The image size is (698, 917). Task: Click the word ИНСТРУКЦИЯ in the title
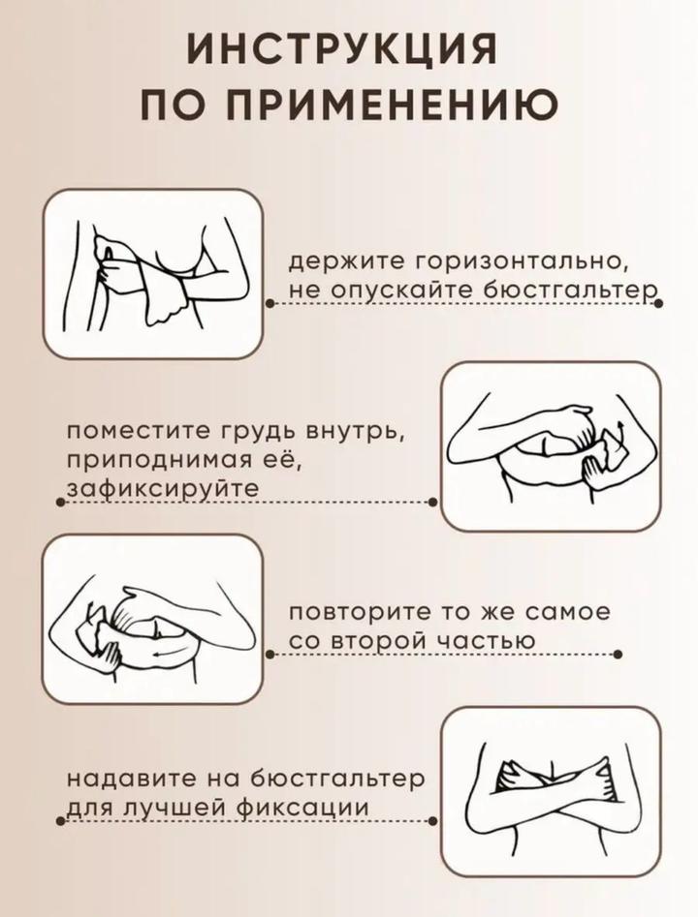[x=342, y=48]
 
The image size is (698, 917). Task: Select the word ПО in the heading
[x=174, y=105]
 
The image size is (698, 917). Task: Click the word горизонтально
[x=523, y=262]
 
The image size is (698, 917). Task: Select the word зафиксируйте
[x=163, y=488]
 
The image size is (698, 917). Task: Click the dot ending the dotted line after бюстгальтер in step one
[x=658, y=303]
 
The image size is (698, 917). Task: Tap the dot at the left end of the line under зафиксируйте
[x=59, y=502]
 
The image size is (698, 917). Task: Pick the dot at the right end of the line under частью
[x=618, y=655]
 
